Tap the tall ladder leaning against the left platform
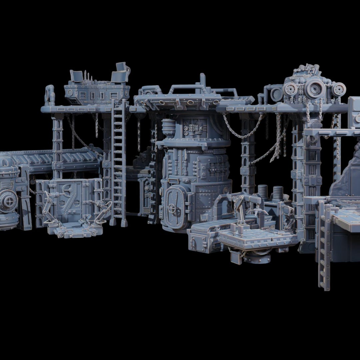pyautogui.click(x=118, y=160)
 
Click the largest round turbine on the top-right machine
pyautogui.click(x=315, y=89)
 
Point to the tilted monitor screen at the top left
pyautogui.click(x=76, y=76)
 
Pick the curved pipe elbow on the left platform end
pyautogui.click(x=50, y=93)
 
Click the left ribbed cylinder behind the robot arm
pyautogui.click(x=263, y=192)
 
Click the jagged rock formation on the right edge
pyautogui.click(x=347, y=177)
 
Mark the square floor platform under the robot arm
pyautogui.click(x=257, y=238)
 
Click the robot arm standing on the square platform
pyautogui.click(x=238, y=213)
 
